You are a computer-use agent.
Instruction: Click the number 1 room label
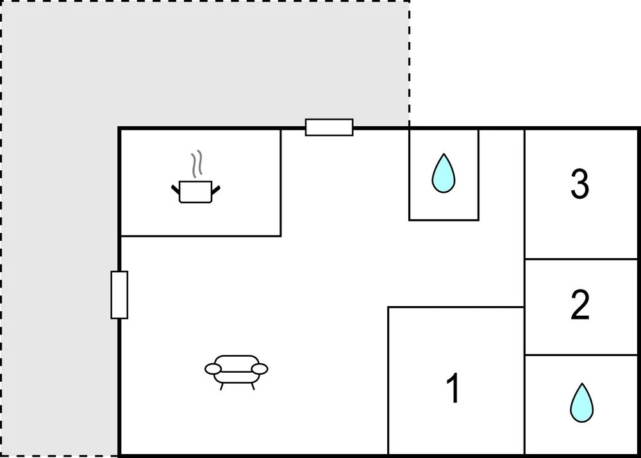pos(453,388)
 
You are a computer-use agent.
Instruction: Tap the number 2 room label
pos(580,304)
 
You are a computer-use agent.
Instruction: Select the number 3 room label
pos(580,184)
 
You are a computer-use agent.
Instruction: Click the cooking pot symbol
pos(196,192)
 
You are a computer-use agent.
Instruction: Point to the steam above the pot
pos(197,164)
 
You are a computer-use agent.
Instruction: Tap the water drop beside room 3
pos(444,173)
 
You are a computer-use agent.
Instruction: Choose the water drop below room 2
pos(582,402)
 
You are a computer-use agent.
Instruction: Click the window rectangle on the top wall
pos(329,127)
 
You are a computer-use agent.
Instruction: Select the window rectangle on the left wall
pos(119,295)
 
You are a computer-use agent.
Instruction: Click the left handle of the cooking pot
pos(176,189)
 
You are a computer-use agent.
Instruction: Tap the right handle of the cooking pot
pos(216,190)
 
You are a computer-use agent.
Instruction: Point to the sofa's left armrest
pos(213,369)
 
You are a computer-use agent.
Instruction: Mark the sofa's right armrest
pos(260,369)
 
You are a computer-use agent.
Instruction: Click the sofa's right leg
pos(253,386)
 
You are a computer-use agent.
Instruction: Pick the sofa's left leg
pos(222,386)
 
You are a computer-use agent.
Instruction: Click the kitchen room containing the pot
pos(200,182)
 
